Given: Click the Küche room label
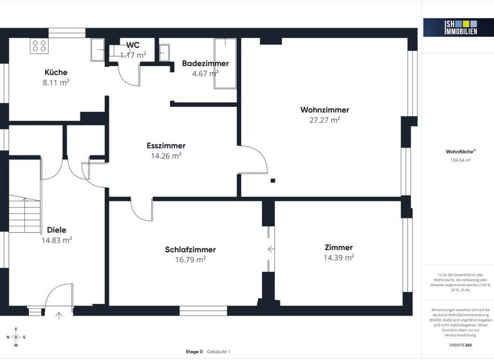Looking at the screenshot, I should [x=56, y=73].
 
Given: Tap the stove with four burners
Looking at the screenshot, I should [x=39, y=46].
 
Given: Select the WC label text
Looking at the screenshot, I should [x=133, y=45].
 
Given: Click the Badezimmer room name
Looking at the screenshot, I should [x=205, y=64].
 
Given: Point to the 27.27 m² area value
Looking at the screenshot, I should [x=324, y=120].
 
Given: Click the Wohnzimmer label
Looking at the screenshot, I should [x=324, y=110].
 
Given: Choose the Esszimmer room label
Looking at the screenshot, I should [x=165, y=145].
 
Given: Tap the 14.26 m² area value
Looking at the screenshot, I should [x=165, y=156].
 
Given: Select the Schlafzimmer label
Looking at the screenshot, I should [x=190, y=249].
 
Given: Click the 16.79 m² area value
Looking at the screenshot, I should [x=190, y=260].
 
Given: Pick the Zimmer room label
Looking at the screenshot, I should [x=338, y=248].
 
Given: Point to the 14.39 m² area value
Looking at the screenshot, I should [x=338, y=258].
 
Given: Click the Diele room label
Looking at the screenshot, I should [x=57, y=230].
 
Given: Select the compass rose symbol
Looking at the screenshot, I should [x=16, y=337].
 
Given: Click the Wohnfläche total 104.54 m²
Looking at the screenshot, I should [x=461, y=161].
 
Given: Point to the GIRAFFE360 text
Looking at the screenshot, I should [x=461, y=345].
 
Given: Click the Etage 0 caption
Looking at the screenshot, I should [x=194, y=352].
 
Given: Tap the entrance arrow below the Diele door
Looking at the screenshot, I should [x=59, y=315].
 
